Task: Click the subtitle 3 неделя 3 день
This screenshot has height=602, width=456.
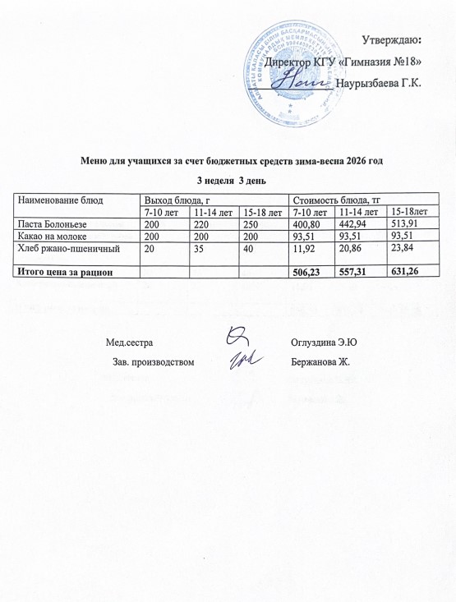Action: pos(229,181)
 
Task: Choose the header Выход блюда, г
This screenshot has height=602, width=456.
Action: pos(173,200)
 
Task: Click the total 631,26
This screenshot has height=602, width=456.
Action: pos(406,268)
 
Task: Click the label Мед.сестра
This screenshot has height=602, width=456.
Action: pos(130,341)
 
